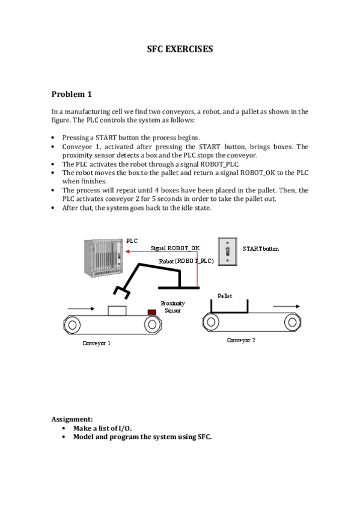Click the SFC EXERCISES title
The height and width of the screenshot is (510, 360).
(180, 49)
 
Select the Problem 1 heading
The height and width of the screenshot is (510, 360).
(72, 94)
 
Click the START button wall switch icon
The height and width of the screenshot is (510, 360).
(227, 251)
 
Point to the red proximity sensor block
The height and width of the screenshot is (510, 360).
(151, 312)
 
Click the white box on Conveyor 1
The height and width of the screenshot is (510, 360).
(117, 310)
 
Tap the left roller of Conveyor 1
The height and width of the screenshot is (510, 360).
(72, 325)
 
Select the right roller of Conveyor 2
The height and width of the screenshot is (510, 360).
(293, 322)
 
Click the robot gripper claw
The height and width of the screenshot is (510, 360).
(121, 292)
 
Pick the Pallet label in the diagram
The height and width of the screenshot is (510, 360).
(225, 296)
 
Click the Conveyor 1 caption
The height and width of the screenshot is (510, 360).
(97, 343)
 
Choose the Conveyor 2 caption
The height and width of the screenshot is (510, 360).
(241, 340)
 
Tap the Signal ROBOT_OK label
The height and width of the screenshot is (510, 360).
(175, 248)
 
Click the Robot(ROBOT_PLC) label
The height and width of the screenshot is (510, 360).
(186, 261)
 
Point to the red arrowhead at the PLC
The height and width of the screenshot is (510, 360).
(127, 251)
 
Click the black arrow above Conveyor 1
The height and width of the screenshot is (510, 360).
(81, 309)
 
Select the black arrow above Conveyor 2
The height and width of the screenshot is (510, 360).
(286, 306)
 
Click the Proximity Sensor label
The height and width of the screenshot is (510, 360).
(173, 307)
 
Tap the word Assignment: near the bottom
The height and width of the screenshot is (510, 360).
(72, 419)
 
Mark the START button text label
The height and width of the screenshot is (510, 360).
(261, 249)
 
